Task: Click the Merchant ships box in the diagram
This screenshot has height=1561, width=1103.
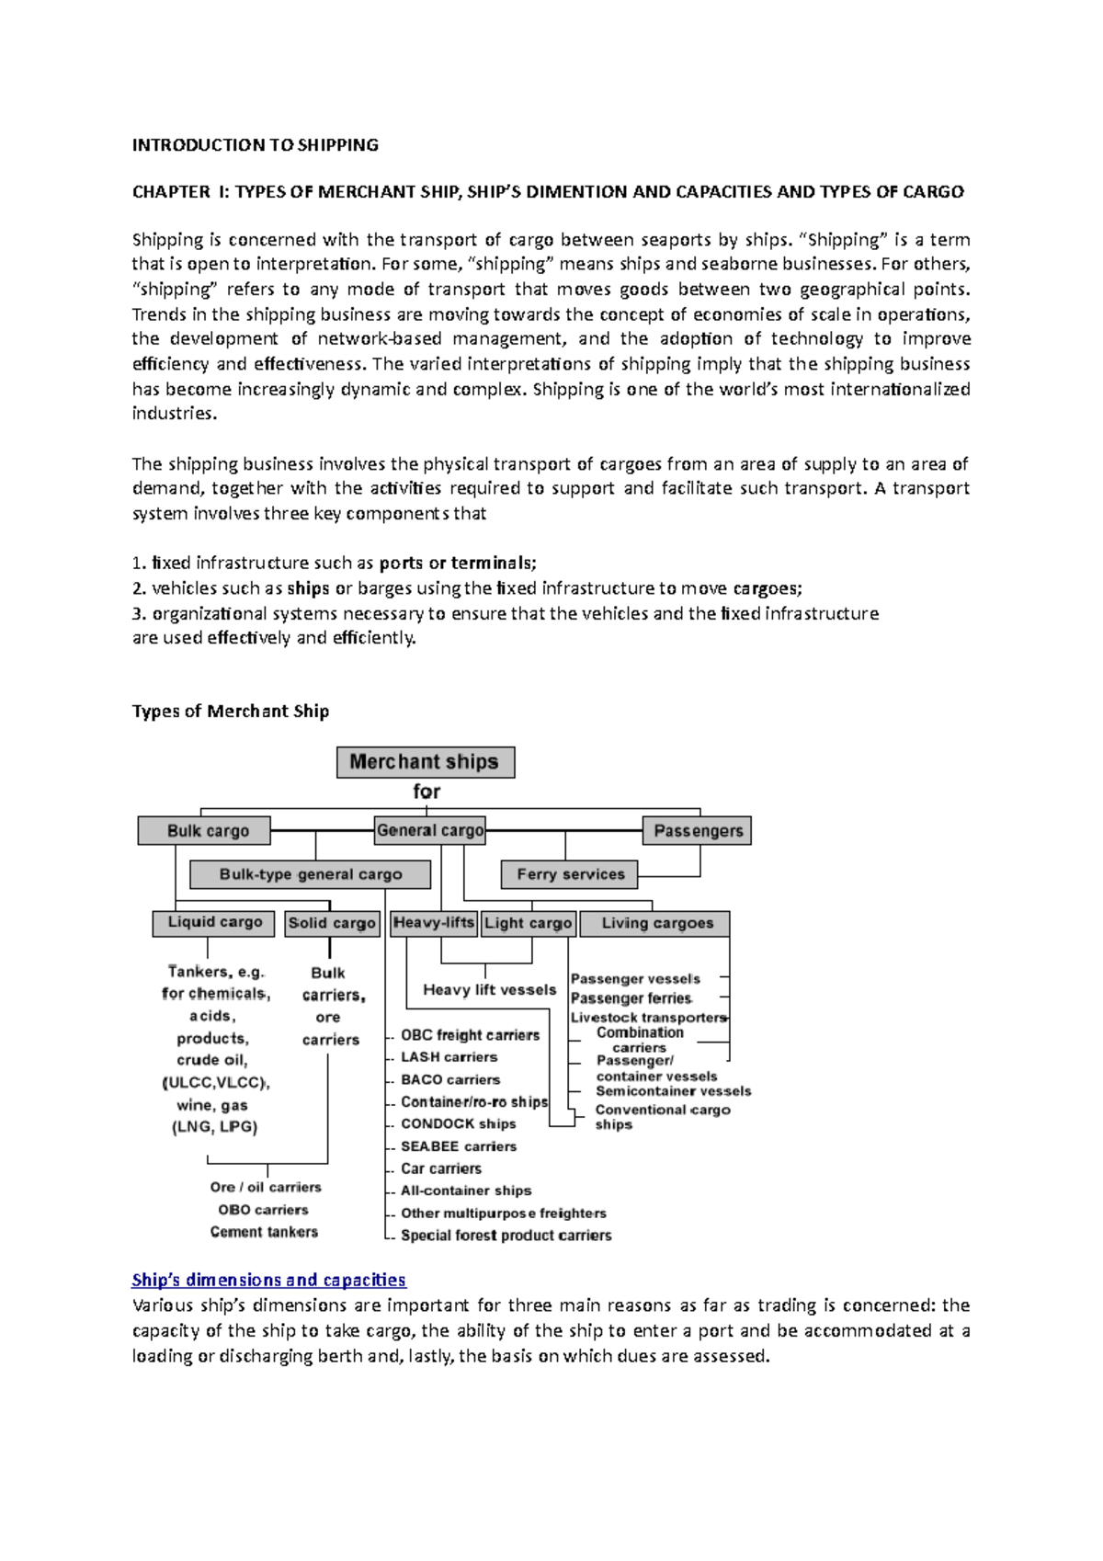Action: coord(425,762)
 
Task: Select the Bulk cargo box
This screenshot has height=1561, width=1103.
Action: coord(204,830)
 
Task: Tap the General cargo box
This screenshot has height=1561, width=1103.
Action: coord(430,830)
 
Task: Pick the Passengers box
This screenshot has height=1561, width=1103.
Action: coord(697,830)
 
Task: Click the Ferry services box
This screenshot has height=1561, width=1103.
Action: coord(570,874)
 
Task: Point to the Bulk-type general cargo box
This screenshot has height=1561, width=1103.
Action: coord(311,874)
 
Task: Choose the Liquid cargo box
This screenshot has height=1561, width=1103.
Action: coord(214,922)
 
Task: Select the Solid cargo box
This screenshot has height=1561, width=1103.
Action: coord(332,923)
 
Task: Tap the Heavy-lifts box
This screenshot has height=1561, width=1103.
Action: coord(434,922)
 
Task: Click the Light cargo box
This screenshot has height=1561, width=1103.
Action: coord(529,923)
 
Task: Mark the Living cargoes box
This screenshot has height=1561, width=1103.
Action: coord(656,923)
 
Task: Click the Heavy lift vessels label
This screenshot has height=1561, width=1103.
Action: coord(489,990)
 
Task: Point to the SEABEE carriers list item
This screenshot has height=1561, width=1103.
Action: coord(458,1146)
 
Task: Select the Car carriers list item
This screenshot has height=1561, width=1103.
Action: coord(440,1168)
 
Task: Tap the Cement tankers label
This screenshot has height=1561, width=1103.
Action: coord(264,1232)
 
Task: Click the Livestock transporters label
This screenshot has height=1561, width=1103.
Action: coord(648,1018)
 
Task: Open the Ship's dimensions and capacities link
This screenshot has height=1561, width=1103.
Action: coord(268,1280)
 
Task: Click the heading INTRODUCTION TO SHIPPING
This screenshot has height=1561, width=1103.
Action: coord(255,144)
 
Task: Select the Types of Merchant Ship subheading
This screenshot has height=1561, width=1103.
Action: coord(230,711)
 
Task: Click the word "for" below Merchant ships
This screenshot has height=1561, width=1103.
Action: coord(426,792)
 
